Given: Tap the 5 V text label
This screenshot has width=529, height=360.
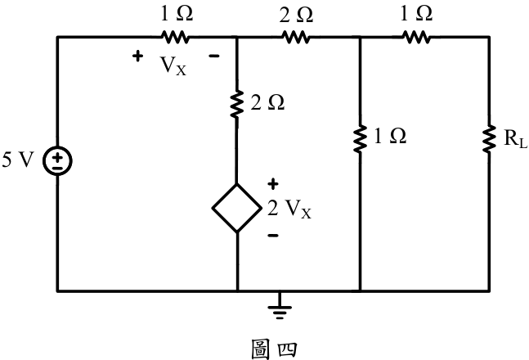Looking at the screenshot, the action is coord(18,160).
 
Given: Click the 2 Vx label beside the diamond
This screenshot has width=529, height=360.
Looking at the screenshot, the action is coord(289,209).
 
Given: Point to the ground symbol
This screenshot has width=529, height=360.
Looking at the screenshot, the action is coord(280,306).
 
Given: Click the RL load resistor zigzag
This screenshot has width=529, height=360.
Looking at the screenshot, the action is coord(488,139).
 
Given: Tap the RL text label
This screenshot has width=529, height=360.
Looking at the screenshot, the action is coord(515,138).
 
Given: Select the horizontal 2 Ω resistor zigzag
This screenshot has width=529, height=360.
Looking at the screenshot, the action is coord(295,37).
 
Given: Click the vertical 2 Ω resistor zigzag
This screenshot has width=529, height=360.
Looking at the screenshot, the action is coord(236,104).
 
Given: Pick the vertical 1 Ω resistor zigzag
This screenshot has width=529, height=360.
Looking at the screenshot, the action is coord(360,138).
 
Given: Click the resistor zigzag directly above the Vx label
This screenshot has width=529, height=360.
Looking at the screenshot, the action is coord(175,37).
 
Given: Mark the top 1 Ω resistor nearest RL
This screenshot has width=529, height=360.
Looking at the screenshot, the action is coord(416,37).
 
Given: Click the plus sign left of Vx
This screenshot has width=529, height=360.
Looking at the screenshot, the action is coord(137,56).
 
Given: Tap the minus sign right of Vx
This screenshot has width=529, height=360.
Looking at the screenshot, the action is coord(214,56).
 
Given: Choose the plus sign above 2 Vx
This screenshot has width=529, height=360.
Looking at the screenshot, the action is coord(273,184).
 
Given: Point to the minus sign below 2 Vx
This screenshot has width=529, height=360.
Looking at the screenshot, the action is coord(273,235).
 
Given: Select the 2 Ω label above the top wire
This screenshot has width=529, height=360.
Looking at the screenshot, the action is coord(296,15).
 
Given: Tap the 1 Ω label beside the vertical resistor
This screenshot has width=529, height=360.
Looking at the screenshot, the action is coord(390,136).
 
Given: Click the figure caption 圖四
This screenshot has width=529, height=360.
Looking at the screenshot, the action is coord(274,349).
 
